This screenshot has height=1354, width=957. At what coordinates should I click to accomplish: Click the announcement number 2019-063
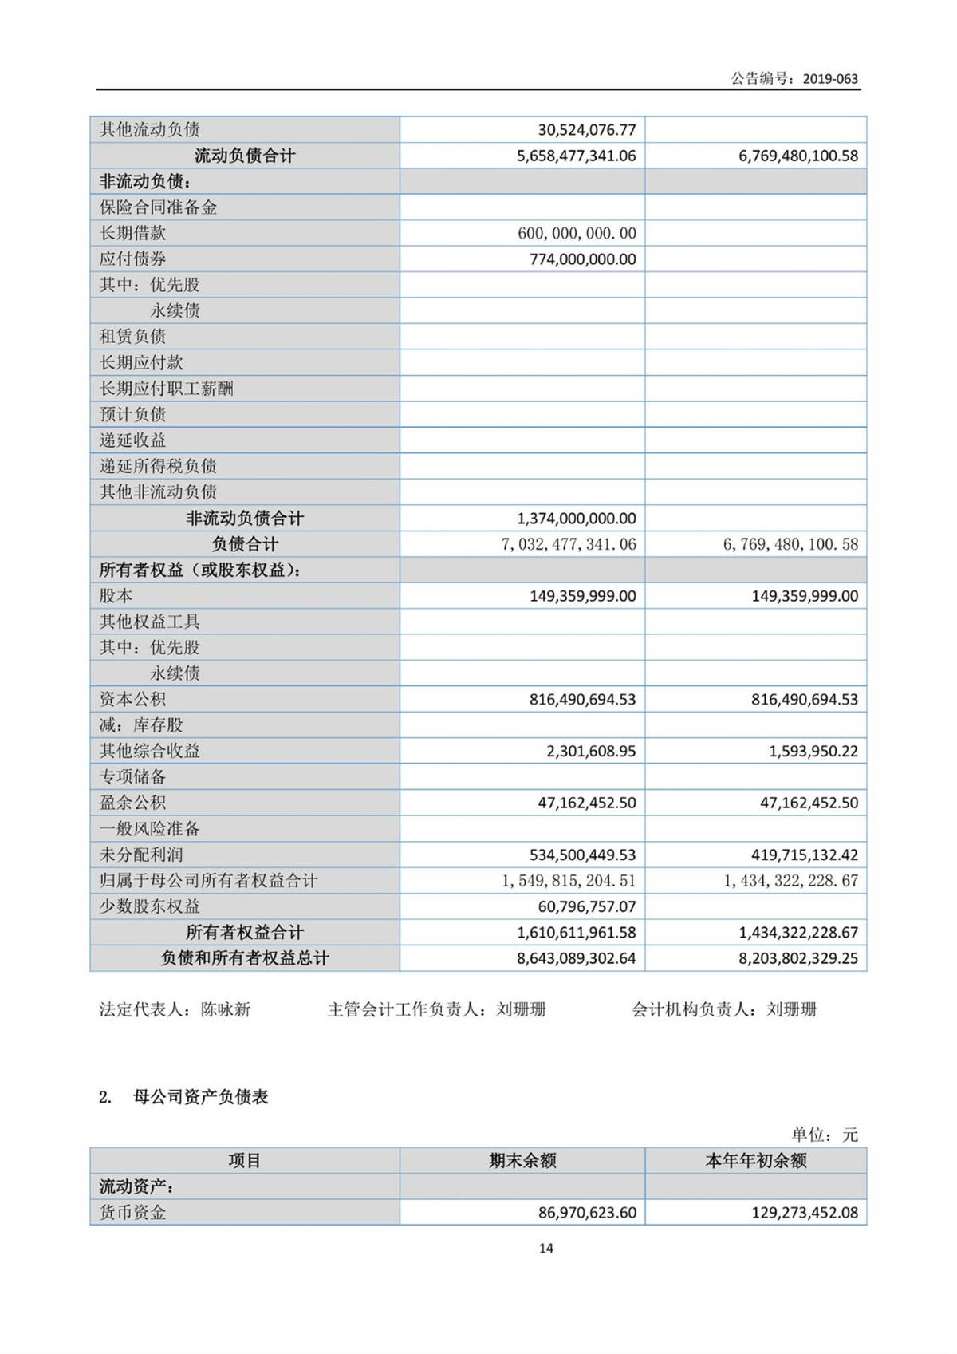coord(830,79)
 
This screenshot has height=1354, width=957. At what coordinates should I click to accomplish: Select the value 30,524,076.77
coord(587,130)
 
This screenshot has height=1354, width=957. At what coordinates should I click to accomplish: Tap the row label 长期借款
coord(132,233)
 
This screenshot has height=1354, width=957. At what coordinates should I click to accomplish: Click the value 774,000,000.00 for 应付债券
coord(583,259)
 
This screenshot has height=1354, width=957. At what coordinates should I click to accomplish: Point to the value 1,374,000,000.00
coord(577,519)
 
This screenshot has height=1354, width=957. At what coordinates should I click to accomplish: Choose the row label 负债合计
coord(245,544)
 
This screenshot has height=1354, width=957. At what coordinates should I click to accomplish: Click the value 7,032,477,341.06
coord(569,544)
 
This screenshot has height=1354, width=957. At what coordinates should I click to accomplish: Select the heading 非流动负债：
coord(144,182)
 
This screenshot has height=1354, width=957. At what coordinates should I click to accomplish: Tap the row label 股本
coord(116,596)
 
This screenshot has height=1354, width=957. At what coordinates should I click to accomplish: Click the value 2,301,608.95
coord(591,752)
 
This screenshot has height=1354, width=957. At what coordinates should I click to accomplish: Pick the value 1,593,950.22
coord(813,752)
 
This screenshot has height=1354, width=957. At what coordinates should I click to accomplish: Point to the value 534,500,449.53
coord(583,855)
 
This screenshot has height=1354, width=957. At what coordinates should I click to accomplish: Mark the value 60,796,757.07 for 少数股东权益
coord(587,907)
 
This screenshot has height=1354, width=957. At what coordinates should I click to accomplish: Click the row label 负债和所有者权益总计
coord(245,958)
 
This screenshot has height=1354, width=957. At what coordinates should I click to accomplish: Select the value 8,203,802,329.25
coord(798,958)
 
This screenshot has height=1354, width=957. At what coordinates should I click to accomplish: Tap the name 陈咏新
coord(226,1010)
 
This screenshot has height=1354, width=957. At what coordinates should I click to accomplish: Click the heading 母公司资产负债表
coord(200,1097)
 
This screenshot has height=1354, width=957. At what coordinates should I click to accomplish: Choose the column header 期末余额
coord(522,1161)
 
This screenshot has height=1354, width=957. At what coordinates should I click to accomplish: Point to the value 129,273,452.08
coord(805,1213)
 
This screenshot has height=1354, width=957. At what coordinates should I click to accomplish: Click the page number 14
coord(546,1249)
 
